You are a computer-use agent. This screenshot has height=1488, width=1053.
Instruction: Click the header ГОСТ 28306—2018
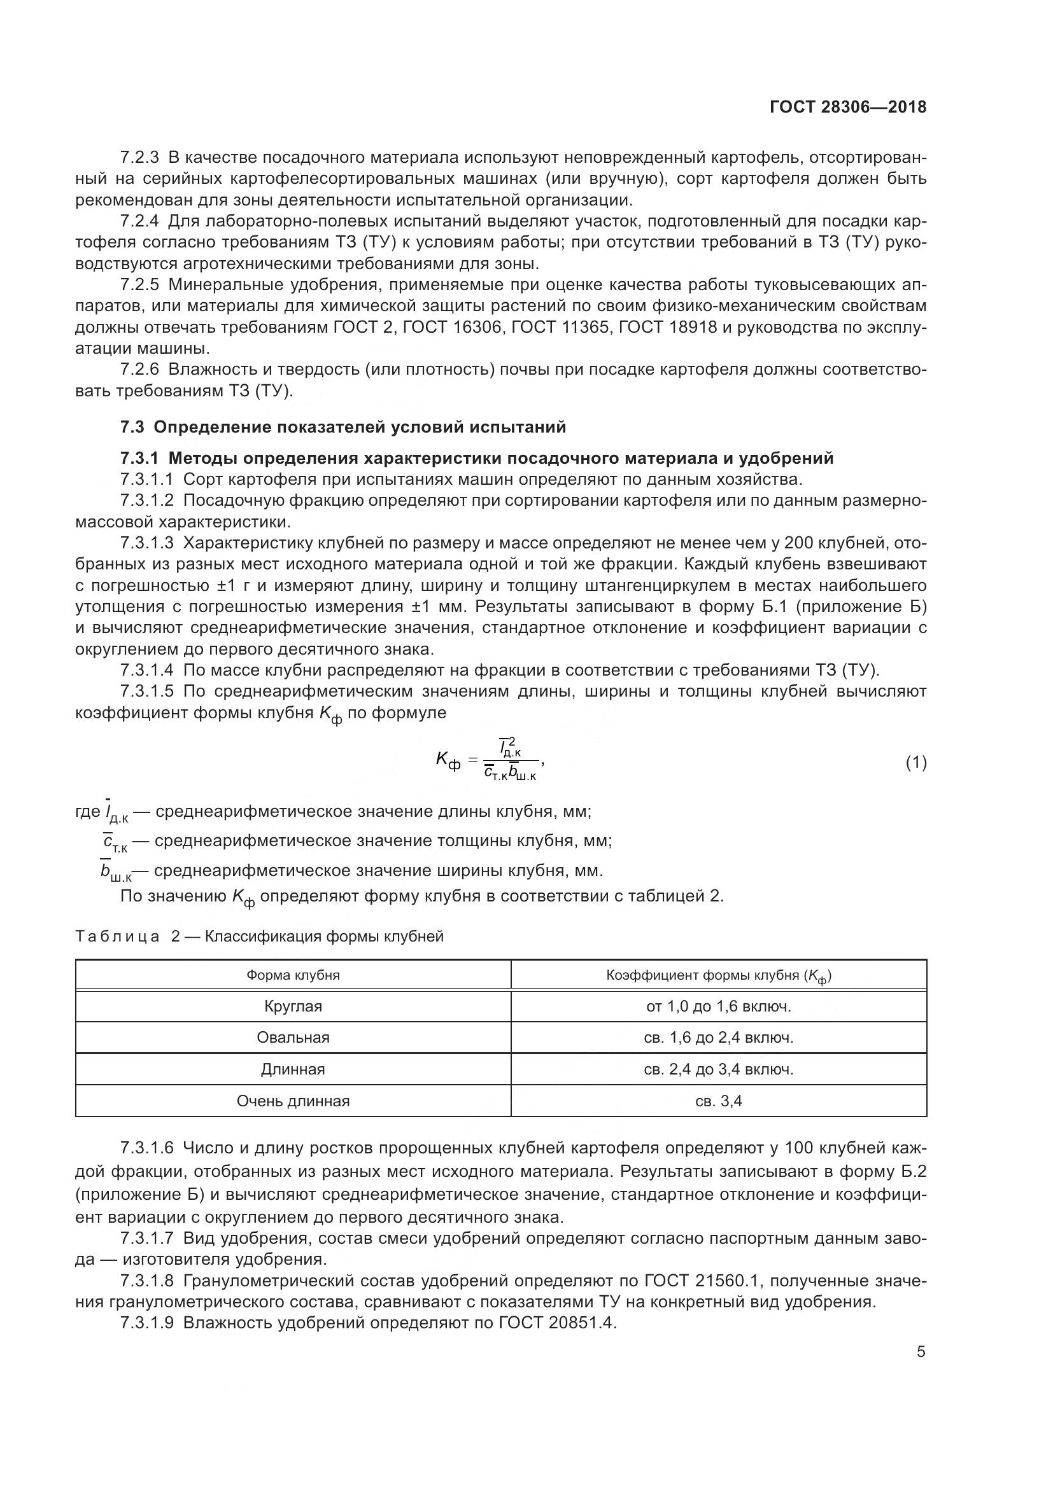pyautogui.click(x=847, y=107)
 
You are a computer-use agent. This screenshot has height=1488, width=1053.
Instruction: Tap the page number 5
pyautogui.click(x=921, y=1352)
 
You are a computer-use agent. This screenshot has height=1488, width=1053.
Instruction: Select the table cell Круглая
pyautogui.click(x=293, y=1006)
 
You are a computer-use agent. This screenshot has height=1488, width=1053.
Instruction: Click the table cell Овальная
pyautogui.click(x=293, y=1038)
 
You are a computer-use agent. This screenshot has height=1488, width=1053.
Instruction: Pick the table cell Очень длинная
pyautogui.click(x=293, y=1101)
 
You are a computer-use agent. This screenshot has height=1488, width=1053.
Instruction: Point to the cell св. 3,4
pyautogui.click(x=718, y=1101)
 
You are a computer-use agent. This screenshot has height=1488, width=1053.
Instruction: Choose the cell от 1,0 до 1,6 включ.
pyautogui.click(x=718, y=1006)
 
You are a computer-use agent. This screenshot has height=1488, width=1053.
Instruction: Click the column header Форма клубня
pyautogui.click(x=293, y=975)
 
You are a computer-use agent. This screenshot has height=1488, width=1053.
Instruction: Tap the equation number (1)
pyautogui.click(x=915, y=763)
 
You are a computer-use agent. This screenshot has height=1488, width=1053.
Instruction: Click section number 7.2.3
pyautogui.click(x=139, y=158)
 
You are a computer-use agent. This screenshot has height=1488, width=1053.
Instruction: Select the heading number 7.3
pyautogui.click(x=133, y=427)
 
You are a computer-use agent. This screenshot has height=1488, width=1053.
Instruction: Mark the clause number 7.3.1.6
pyautogui.click(x=147, y=1148)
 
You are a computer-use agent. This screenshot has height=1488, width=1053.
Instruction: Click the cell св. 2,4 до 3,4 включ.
pyautogui.click(x=718, y=1069)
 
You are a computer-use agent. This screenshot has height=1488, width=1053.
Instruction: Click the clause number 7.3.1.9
pyautogui.click(x=147, y=1323)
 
